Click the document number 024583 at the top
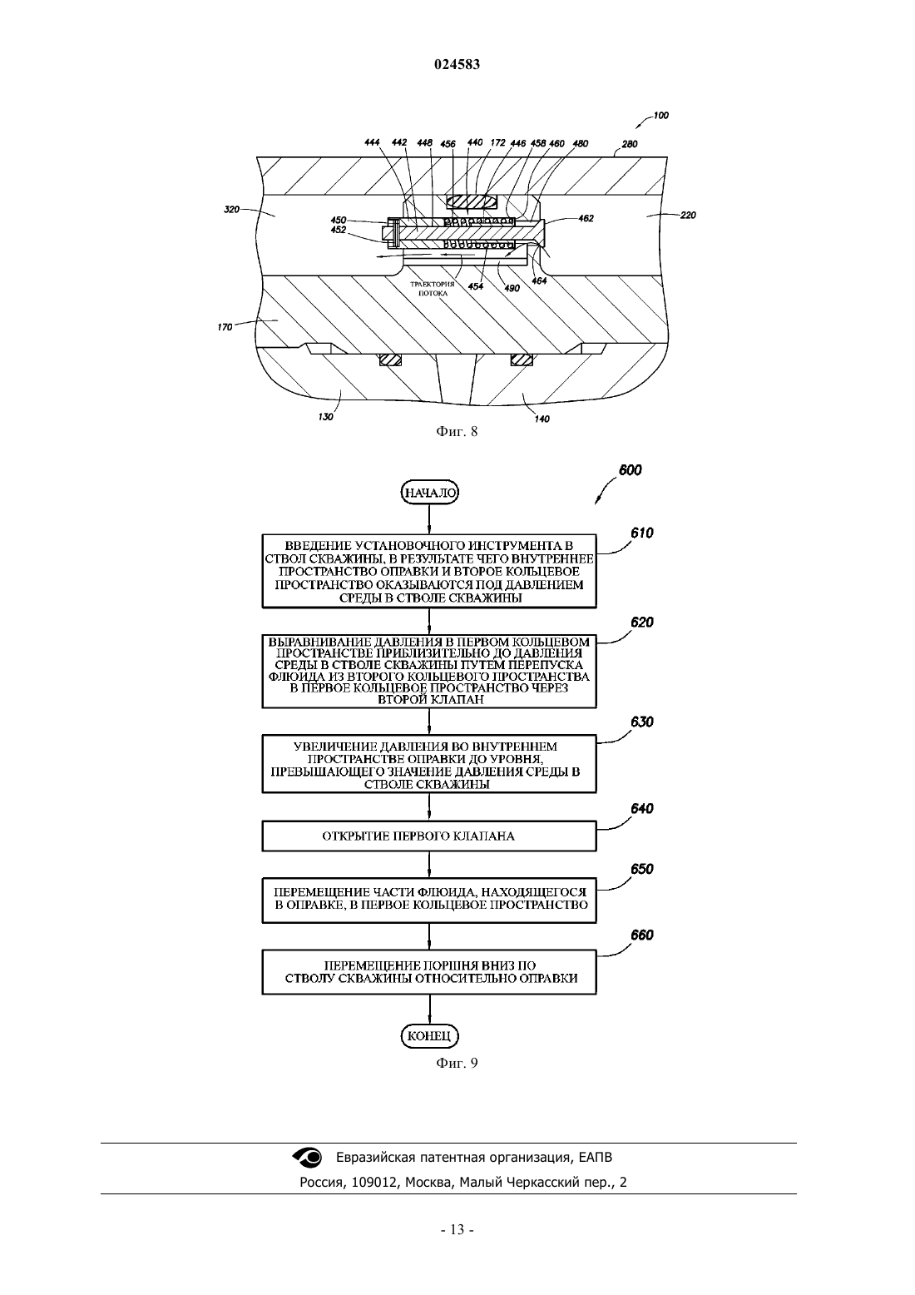[x=457, y=64]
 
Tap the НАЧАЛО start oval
[x=430, y=493]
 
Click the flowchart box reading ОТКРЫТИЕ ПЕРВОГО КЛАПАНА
[x=429, y=836]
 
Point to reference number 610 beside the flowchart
[x=642, y=533]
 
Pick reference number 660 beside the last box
[x=642, y=935]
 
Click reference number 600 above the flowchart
[x=631, y=470]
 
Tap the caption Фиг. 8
[x=457, y=431]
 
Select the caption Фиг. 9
[x=457, y=1063]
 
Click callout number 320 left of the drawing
[x=231, y=209]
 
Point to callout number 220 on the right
[x=688, y=215]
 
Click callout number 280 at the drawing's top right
[x=630, y=144]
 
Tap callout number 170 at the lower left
[x=225, y=327]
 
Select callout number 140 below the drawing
[x=542, y=419]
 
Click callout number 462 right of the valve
[x=586, y=219]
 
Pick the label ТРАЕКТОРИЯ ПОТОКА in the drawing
[x=433, y=289]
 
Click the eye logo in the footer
[x=307, y=1157]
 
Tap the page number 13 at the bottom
[x=457, y=1246]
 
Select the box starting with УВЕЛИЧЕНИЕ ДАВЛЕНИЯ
[x=429, y=764]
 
